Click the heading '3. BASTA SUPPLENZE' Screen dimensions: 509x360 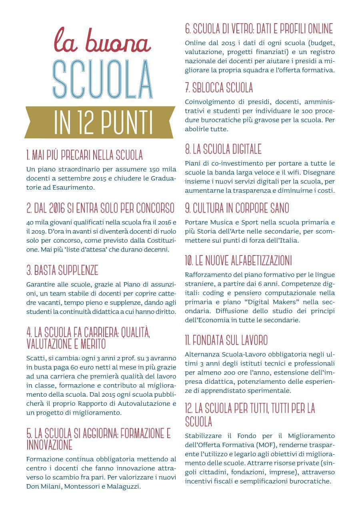[x=62, y=271]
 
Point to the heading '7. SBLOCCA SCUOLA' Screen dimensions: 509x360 [x=219, y=88]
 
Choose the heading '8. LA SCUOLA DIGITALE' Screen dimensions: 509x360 [x=223, y=150]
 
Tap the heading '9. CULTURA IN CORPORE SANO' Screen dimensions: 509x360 [x=237, y=208]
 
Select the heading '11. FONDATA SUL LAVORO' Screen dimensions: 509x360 [x=226, y=341]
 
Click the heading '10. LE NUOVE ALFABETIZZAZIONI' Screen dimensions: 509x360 [x=238, y=261]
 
